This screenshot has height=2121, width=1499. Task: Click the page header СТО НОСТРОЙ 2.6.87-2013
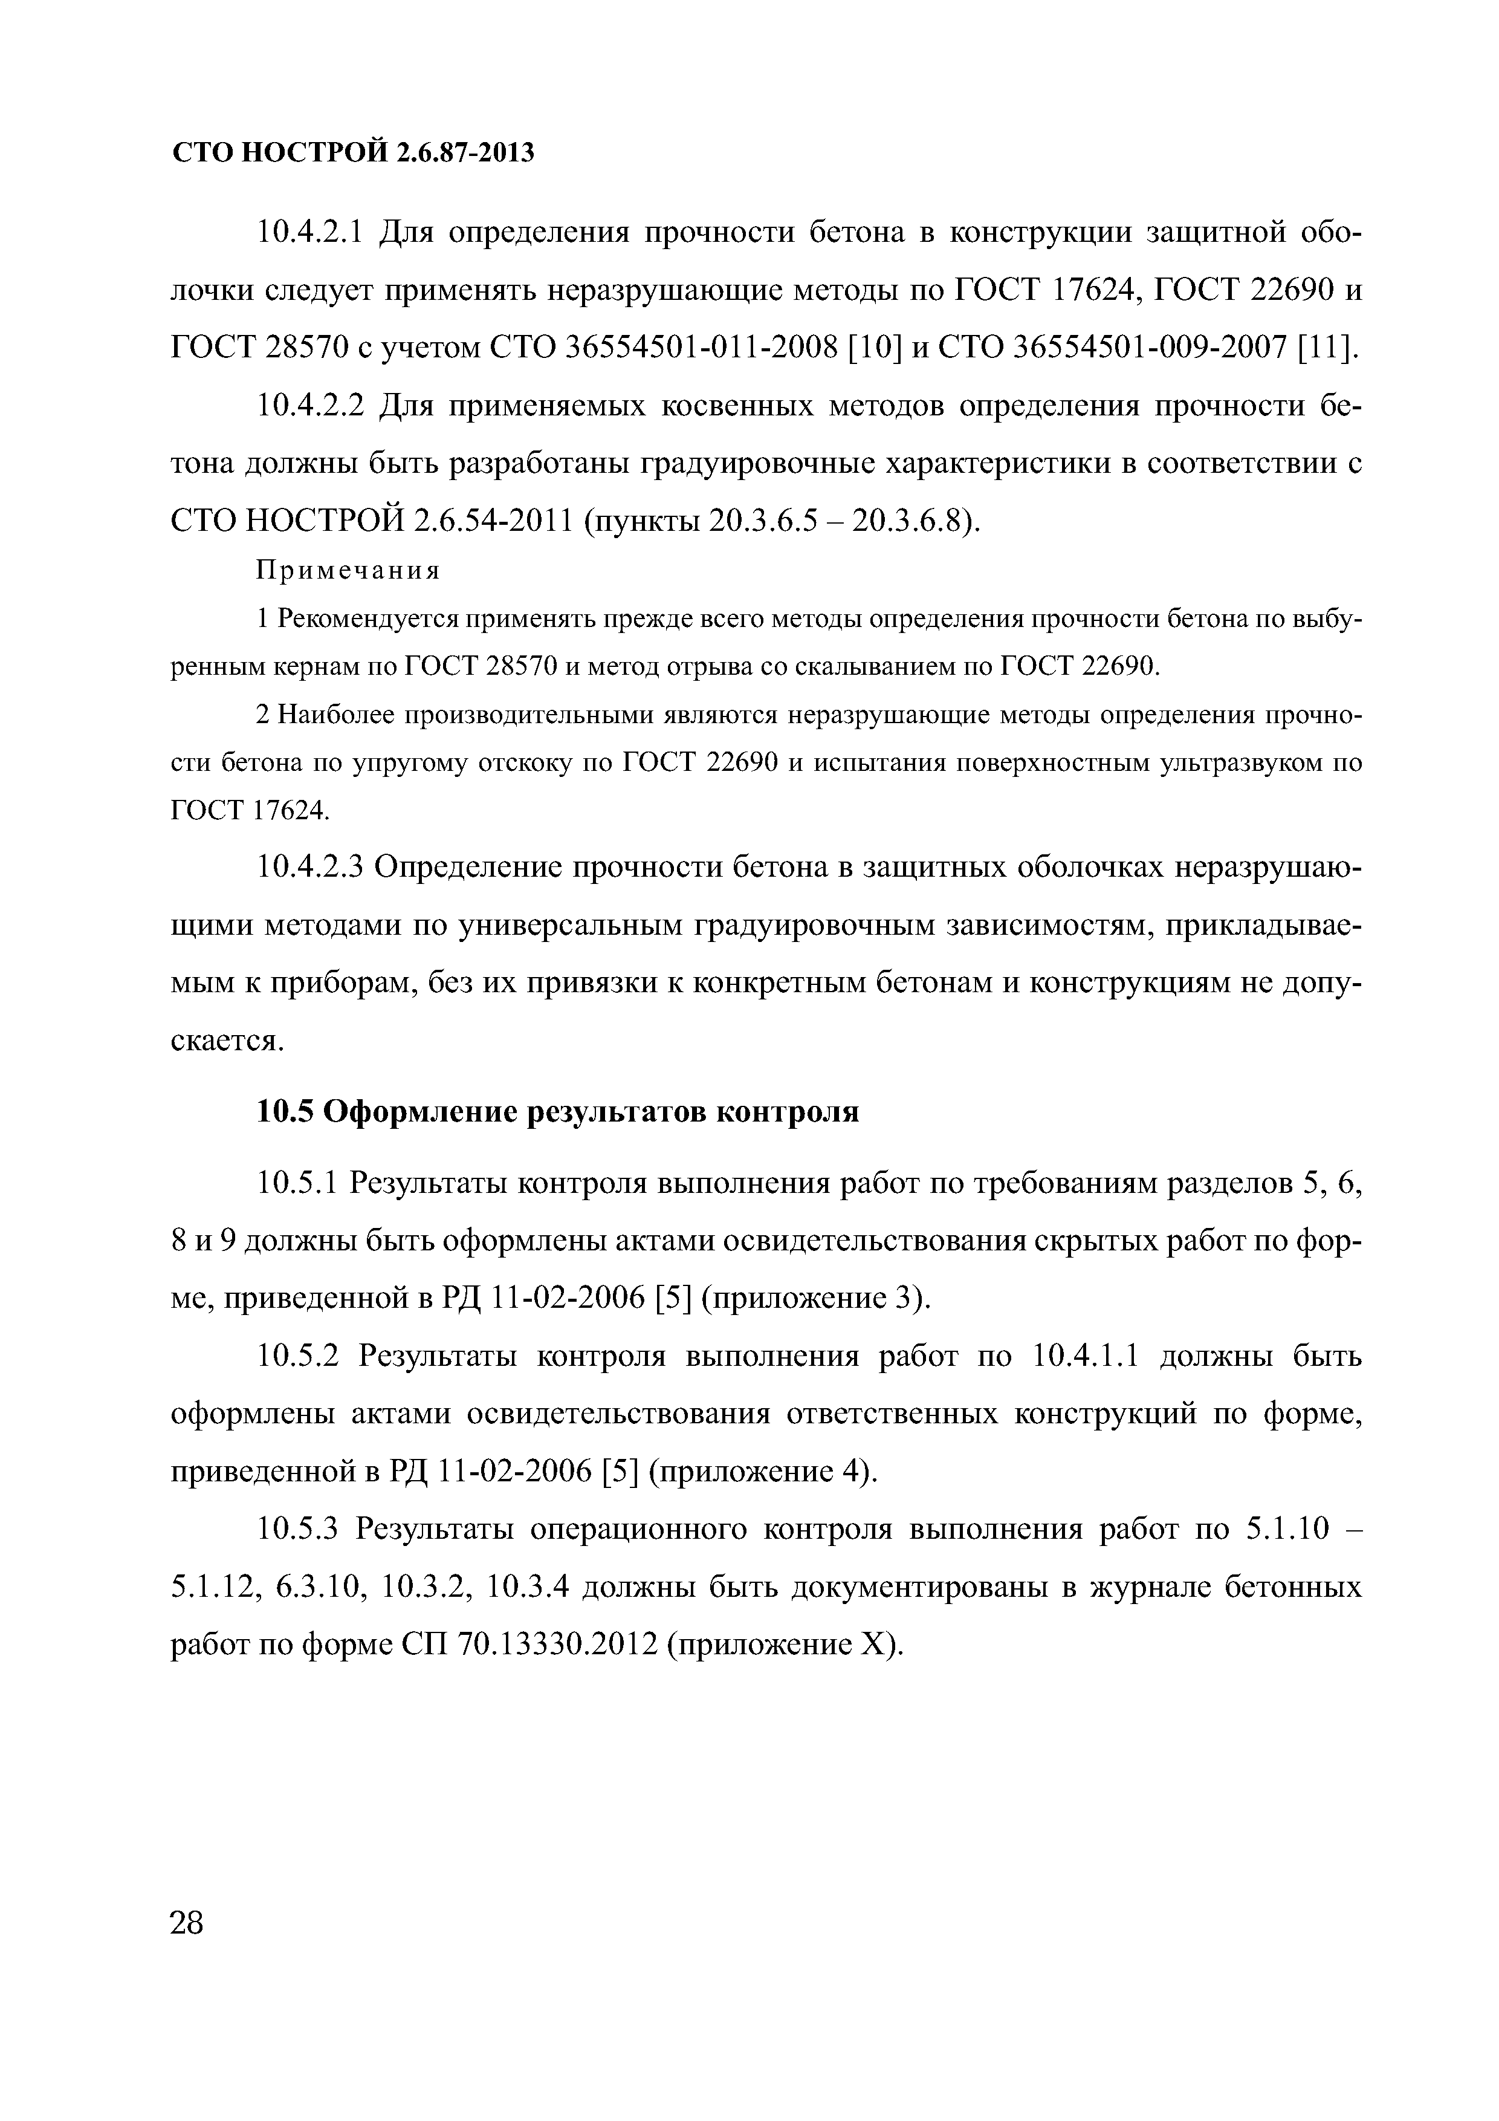[354, 152]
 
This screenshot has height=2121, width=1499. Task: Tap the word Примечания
[348, 571]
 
